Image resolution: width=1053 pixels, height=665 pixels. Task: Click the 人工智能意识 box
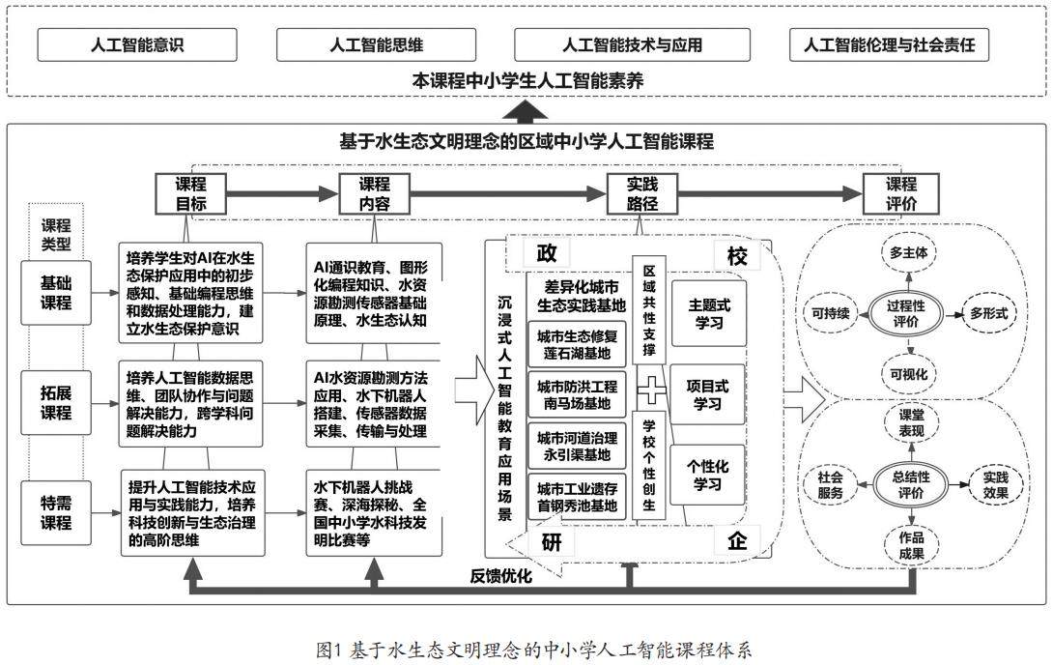[136, 44]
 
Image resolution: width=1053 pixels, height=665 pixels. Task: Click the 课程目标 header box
[190, 194]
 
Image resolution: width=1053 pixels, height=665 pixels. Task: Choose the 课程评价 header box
[901, 194]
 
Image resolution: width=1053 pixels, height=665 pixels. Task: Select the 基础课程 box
[56, 292]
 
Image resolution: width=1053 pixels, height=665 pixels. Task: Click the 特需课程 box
[56, 512]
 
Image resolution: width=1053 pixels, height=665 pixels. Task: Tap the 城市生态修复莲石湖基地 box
[577, 344]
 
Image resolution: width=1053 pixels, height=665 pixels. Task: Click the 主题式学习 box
[709, 313]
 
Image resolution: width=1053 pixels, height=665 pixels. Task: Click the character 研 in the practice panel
[552, 541]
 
